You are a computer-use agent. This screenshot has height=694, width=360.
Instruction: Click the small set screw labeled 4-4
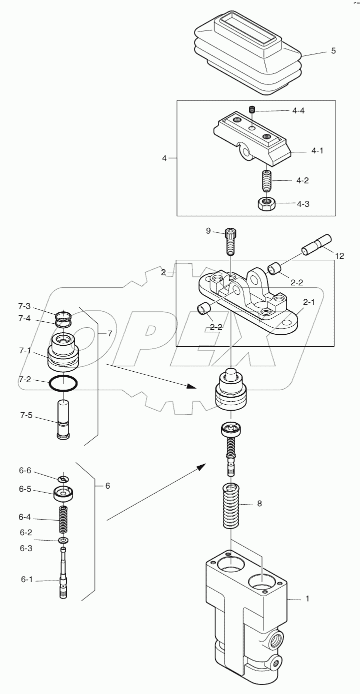(252, 109)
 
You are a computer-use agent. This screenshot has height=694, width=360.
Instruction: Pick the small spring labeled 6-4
(63, 520)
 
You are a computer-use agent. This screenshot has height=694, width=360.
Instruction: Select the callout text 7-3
(24, 306)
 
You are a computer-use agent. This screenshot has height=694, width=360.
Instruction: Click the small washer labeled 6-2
(63, 541)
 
